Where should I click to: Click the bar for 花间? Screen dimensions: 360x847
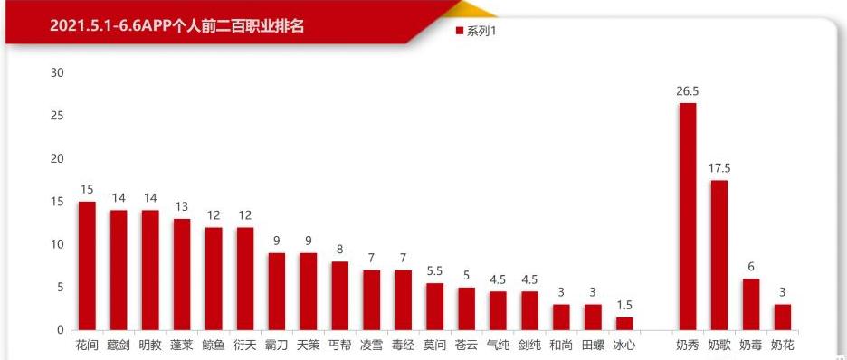coord(87,266)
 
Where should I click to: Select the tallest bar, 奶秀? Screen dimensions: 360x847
coord(688,217)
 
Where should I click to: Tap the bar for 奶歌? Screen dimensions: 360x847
coord(719,255)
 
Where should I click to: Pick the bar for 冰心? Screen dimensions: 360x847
coord(623,324)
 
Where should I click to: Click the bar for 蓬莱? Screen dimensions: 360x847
coord(182,274)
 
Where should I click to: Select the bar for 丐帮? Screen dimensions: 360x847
coord(339,296)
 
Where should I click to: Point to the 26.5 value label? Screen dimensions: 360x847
coord(688,91)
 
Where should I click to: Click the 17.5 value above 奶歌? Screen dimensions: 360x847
coord(719,168)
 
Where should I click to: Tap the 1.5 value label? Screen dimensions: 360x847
coord(623,306)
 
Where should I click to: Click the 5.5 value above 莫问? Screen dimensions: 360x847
coord(434,271)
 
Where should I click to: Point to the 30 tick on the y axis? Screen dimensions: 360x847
coord(57,73)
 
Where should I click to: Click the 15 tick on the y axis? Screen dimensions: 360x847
coord(57,202)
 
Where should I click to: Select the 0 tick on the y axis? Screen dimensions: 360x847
coord(61,330)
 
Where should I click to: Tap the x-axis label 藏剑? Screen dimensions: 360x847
coord(119,345)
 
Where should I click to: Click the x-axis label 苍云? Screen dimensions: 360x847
coord(466,345)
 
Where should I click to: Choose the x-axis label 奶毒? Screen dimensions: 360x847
coord(750,345)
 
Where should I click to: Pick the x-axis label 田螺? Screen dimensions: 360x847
coord(593,345)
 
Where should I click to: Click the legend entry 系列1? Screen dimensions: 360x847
coord(481,32)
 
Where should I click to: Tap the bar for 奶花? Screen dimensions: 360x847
coord(782,317)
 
